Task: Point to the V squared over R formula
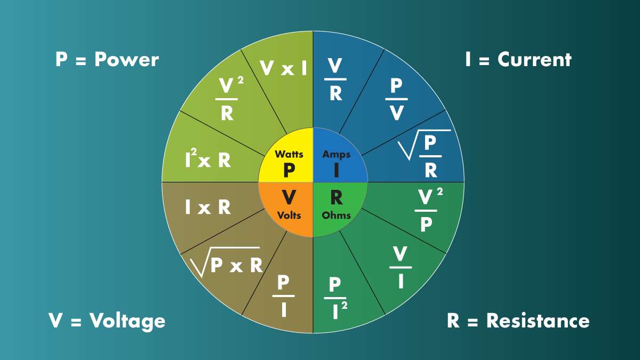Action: (x=228, y=99)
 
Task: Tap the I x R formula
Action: (x=208, y=207)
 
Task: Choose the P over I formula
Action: (x=284, y=296)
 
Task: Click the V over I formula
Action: (x=401, y=267)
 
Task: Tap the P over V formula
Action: (x=396, y=99)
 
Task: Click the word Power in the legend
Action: (x=126, y=59)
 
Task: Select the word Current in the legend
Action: (x=534, y=59)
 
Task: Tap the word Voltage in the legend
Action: (x=127, y=321)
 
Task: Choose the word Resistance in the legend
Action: (x=538, y=321)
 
